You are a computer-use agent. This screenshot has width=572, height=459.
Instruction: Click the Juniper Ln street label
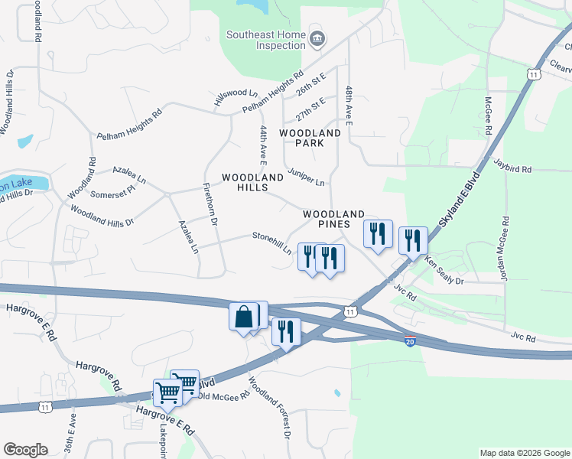tap(307, 177)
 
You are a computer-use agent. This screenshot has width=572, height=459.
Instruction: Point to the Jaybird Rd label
tap(512, 165)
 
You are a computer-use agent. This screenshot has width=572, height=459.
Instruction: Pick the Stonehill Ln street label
tap(272, 243)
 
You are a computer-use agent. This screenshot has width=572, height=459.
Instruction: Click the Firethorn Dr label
tap(210, 203)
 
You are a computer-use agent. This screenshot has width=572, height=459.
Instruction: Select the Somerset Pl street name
tap(113, 190)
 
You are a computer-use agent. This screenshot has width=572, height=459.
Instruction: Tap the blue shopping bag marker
tap(242, 316)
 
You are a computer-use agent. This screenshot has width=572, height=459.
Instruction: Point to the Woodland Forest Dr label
tap(268, 409)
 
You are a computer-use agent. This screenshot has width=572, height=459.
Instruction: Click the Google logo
tap(26, 450)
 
